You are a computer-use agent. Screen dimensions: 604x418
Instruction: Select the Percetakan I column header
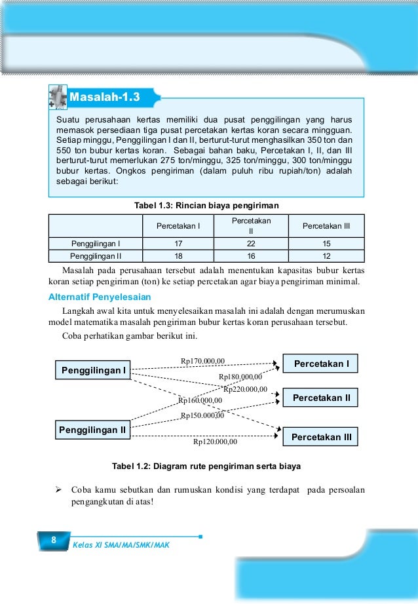click(178, 226)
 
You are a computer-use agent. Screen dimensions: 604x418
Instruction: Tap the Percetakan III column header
click(327, 226)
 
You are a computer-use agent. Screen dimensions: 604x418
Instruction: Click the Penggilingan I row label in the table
click(96, 244)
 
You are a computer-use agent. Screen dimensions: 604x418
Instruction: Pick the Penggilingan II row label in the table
click(96, 255)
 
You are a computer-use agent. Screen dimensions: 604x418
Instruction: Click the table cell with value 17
click(178, 244)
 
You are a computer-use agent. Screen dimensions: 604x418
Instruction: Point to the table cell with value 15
click(327, 244)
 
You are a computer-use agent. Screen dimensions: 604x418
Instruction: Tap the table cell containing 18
click(178, 255)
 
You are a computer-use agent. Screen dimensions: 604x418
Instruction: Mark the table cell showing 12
click(327, 255)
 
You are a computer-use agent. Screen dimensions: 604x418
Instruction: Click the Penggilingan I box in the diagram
click(93, 371)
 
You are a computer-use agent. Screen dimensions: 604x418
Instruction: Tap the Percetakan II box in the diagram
click(320, 397)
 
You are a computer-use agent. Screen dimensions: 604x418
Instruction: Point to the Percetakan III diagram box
click(320, 436)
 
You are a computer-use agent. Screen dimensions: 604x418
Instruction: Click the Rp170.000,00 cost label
click(202, 360)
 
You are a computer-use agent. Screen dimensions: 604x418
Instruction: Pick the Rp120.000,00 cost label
click(215, 442)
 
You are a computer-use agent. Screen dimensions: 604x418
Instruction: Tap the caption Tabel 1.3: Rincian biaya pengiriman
click(206, 206)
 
